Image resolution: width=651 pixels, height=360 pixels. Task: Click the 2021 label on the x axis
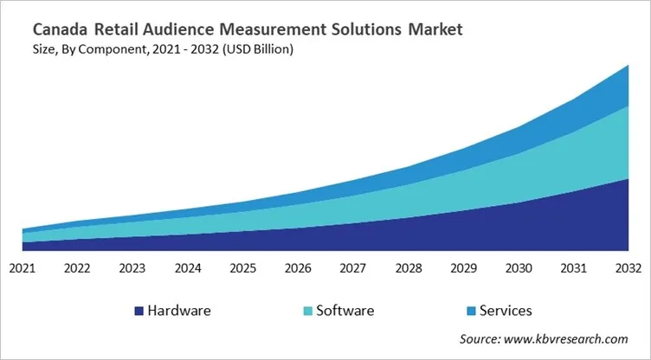[22, 268]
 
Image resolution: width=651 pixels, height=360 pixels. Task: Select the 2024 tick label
[188, 268]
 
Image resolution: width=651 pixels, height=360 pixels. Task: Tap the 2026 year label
[299, 268]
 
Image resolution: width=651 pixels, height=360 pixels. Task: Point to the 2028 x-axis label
[409, 268]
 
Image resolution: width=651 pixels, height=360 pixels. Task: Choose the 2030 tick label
[519, 268]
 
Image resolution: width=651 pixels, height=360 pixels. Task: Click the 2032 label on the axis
[629, 268]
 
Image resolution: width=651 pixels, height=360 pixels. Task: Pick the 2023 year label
[132, 268]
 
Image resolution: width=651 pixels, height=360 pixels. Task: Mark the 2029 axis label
[464, 268]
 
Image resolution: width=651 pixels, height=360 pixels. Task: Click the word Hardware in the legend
[178, 310]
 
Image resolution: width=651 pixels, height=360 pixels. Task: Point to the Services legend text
[506, 310]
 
